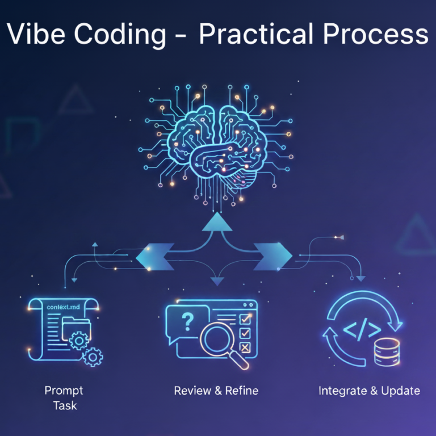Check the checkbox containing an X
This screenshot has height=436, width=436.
(x=245, y=347)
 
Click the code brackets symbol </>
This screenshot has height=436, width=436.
(x=361, y=329)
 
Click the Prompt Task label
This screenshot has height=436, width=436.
(x=64, y=397)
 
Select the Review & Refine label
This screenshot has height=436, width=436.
(x=216, y=391)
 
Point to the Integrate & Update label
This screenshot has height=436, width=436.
(x=369, y=391)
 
